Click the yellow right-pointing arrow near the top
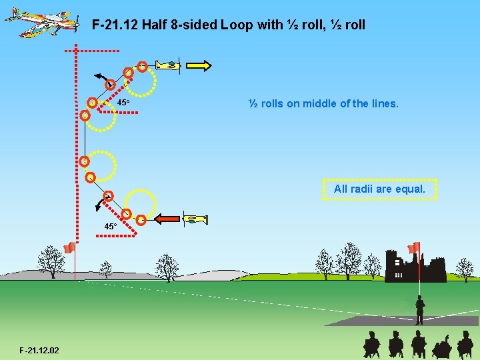tap(199, 65)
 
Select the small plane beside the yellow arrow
tap(169, 65)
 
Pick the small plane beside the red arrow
tap(195, 219)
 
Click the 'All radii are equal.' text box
tap(379, 189)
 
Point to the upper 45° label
tap(123, 103)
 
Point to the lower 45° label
tap(110, 227)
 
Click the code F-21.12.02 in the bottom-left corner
tap(39, 350)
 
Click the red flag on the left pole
tap(69, 248)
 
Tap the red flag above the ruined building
tap(414, 247)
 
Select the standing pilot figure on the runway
tap(419, 310)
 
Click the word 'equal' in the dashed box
tap(410, 189)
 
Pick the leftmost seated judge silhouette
tap(371, 345)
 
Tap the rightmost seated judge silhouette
tap(465, 345)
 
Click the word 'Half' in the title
tap(155, 25)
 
